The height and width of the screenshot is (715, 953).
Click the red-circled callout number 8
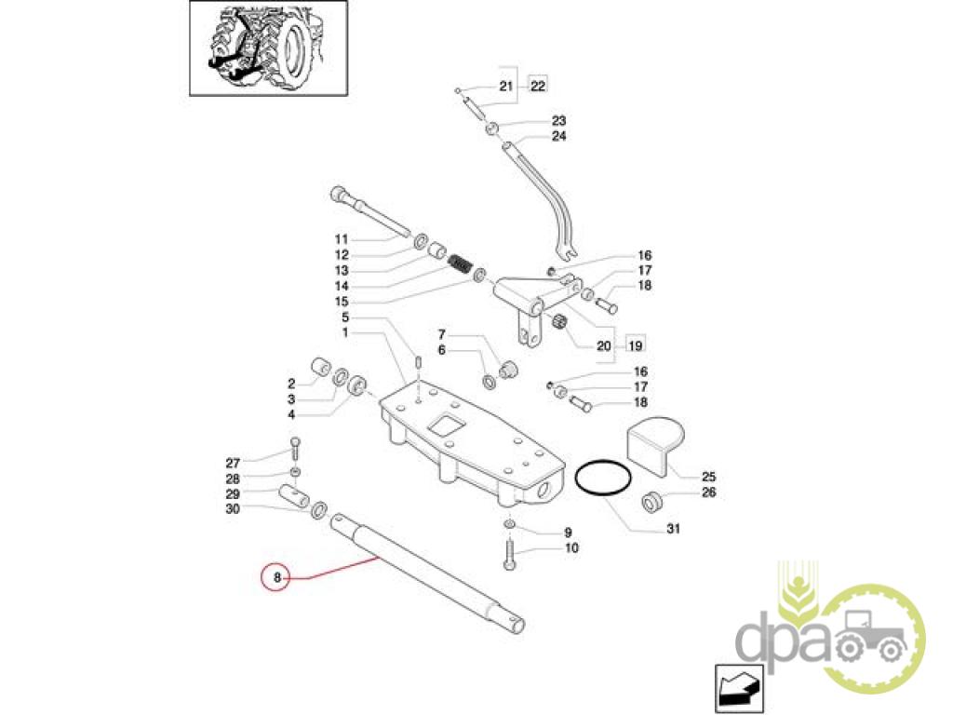276,578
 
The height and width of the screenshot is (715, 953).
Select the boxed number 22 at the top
538,86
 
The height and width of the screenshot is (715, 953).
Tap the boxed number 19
636,344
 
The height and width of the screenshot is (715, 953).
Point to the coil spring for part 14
459,264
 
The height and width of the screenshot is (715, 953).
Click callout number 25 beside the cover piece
710,475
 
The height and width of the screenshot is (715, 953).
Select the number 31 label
673,530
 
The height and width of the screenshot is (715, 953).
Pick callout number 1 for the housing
344,332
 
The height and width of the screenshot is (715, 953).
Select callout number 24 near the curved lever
558,136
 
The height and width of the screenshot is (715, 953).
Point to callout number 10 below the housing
570,548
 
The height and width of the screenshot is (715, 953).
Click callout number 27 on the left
233,463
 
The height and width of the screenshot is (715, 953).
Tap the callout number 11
341,238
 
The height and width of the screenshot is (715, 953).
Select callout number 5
344,317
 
